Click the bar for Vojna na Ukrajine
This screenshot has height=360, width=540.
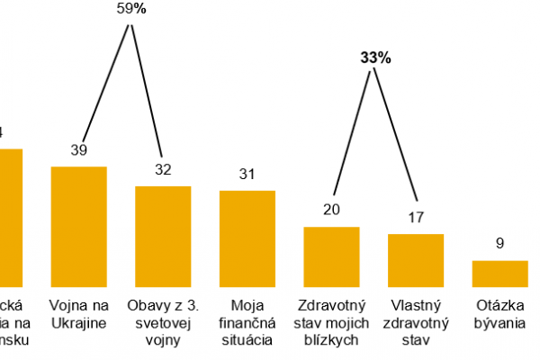click(79, 225)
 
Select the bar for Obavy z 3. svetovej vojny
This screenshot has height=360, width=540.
click(163, 235)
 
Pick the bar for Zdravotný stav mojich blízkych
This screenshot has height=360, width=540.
click(331, 256)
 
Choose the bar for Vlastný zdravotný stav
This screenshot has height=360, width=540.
click(416, 259)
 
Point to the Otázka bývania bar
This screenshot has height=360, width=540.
click(500, 273)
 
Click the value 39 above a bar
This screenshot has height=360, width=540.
click(79, 150)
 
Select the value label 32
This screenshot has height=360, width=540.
click(163, 170)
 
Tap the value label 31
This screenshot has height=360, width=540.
click(247, 175)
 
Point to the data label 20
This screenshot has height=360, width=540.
click(331, 211)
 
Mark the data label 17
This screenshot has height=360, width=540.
click(416, 217)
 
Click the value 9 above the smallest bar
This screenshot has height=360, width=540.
click(500, 243)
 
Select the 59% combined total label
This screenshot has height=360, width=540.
click(132, 8)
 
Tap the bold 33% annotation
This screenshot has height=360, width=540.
click(375, 58)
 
